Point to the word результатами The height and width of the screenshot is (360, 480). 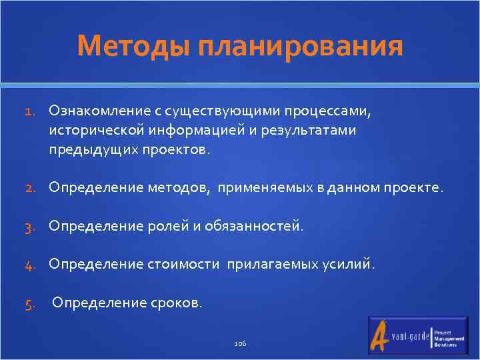(317, 131)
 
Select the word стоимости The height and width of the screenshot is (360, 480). (182, 265)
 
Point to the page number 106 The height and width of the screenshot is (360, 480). (240, 343)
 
